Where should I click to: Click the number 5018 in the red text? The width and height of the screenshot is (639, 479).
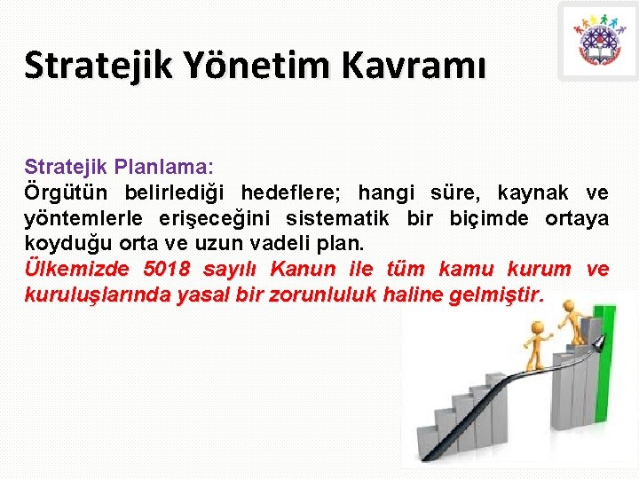(x=166, y=270)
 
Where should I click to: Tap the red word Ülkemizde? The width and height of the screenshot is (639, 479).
(x=76, y=270)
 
